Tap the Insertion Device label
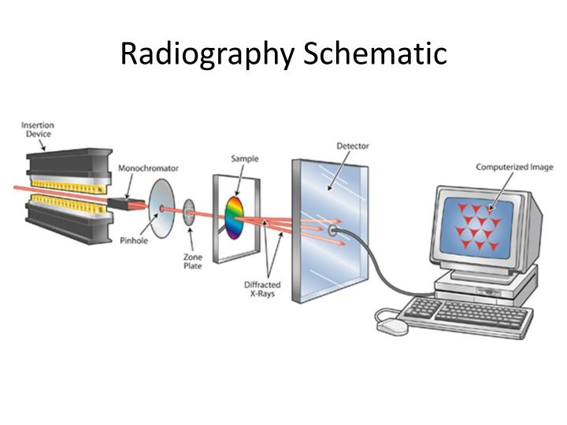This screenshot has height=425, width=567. click(x=37, y=129)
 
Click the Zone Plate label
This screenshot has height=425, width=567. click(x=193, y=261)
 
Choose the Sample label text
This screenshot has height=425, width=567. click(x=245, y=159)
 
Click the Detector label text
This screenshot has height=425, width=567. click(x=353, y=146)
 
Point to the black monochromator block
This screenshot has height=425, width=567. click(x=121, y=204)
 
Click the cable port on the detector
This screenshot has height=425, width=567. click(x=335, y=230)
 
